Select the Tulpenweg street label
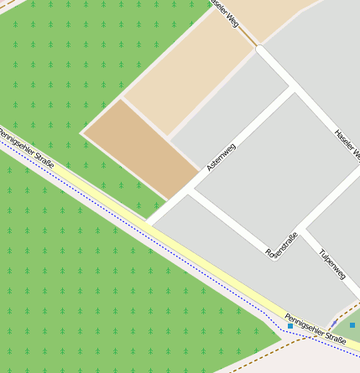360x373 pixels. pos(332,262)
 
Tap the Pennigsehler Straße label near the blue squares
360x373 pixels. pos(315,328)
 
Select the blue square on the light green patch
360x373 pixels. pos(352,324)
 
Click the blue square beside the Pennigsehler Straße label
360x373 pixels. pos(290,325)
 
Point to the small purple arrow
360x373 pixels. pos(335,322)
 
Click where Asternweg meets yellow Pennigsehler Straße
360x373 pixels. pos(151,221)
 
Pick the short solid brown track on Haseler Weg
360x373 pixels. pos(248,39)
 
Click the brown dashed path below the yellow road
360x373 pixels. pos(277,353)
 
